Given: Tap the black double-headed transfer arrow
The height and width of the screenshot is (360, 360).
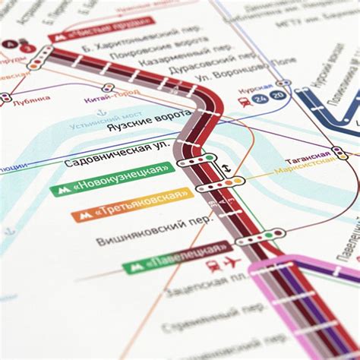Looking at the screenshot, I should click(x=226, y=169).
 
